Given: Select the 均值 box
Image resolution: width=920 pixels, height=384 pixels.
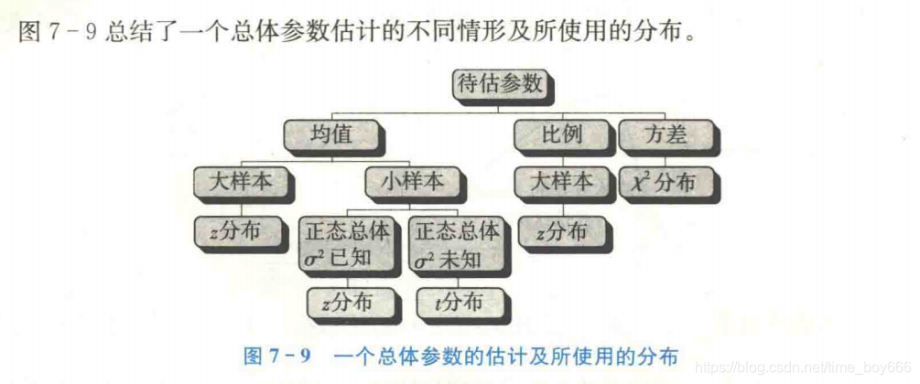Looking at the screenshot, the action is coord(331,134).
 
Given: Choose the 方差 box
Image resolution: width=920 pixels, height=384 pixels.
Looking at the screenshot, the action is coord(666,134).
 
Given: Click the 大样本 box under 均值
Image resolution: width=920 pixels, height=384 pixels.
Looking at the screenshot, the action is coord(241,181).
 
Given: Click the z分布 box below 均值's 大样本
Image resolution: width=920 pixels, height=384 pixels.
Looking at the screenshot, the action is coord(233,230).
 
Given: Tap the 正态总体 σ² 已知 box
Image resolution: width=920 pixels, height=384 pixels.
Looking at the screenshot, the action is coord(347,244).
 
